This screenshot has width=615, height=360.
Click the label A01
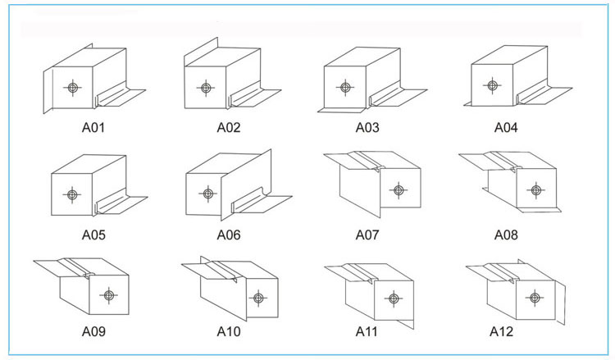[x=93, y=127]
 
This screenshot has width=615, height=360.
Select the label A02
[x=228, y=127]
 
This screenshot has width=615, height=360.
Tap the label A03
[x=367, y=127]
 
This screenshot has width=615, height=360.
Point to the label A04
[x=506, y=127]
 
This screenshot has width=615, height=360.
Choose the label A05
[x=93, y=235]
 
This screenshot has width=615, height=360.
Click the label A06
[x=229, y=235]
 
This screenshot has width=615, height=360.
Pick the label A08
[x=506, y=235]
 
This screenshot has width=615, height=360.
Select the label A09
[x=93, y=332]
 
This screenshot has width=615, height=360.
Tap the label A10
[x=229, y=332]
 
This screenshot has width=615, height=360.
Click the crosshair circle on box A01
[x=73, y=87]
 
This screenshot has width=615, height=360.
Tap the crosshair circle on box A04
[x=491, y=84]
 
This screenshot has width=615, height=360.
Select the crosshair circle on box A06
[x=208, y=194]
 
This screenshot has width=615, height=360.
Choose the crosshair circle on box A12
[x=535, y=297]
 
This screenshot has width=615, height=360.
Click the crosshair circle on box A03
[x=345, y=87]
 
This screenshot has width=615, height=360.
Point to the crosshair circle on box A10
[x=258, y=298]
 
